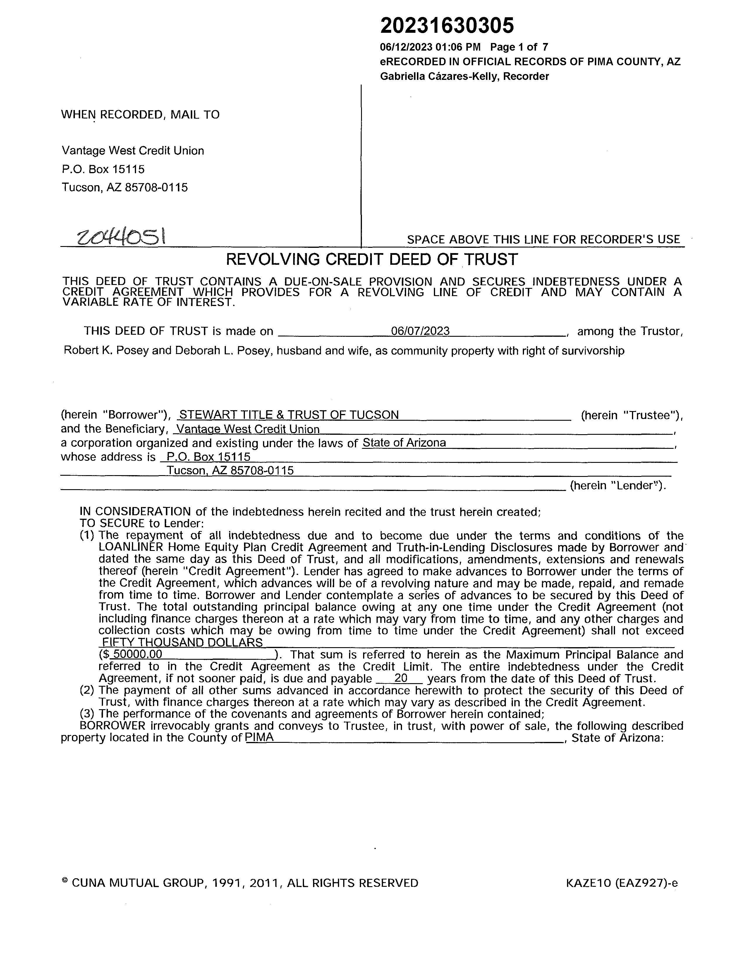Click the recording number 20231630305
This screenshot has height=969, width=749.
click(447, 26)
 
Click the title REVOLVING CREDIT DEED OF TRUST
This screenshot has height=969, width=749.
click(372, 259)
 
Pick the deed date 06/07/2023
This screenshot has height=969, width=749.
click(420, 331)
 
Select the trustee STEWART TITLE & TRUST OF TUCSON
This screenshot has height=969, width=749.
click(288, 415)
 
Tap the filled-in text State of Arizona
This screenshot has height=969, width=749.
click(404, 443)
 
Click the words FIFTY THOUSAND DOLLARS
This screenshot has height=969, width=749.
click(182, 642)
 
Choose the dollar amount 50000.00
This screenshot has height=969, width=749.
click(138, 654)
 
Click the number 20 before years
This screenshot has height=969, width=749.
click(400, 678)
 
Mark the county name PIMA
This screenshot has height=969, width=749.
click(260, 737)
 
